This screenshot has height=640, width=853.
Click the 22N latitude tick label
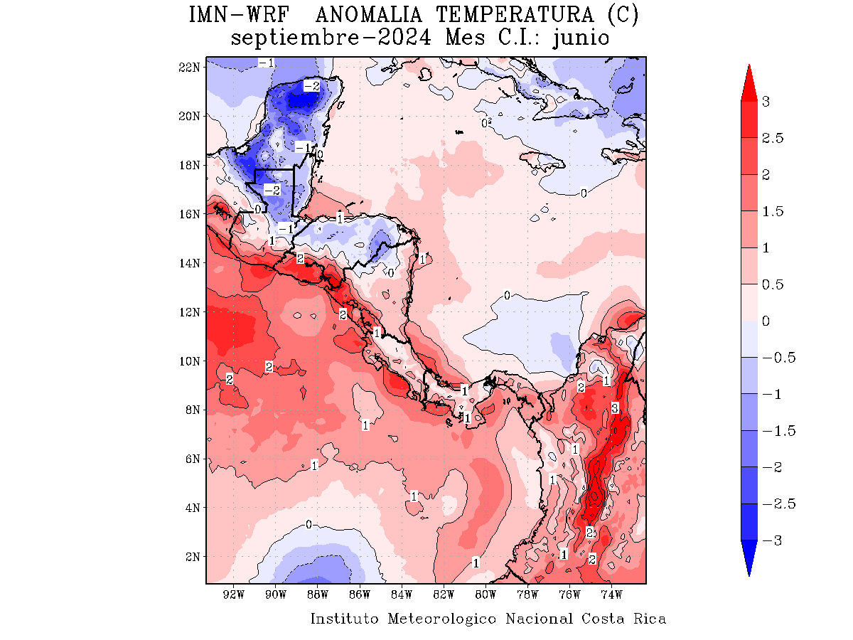coord(190,67)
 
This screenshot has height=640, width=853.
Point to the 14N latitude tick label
coord(190,263)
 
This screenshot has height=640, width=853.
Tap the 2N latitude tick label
coord(193,557)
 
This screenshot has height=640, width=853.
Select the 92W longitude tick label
coord(234,594)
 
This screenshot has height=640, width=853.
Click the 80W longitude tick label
coord(485,594)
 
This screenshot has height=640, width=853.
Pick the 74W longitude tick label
coord(611,594)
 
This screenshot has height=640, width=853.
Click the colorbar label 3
coord(766,102)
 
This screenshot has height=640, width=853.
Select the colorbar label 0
coord(766,321)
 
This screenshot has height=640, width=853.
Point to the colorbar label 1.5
coord(773,211)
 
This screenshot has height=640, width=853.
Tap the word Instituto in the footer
coord(345,619)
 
